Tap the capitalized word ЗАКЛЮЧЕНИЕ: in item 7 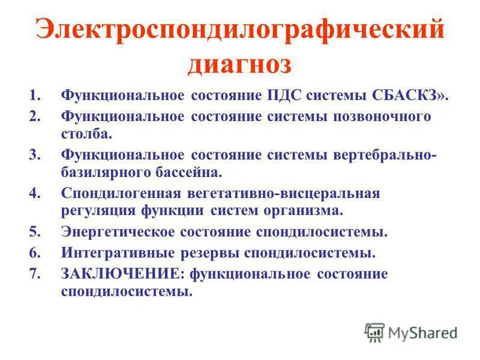click(x=122, y=274)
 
